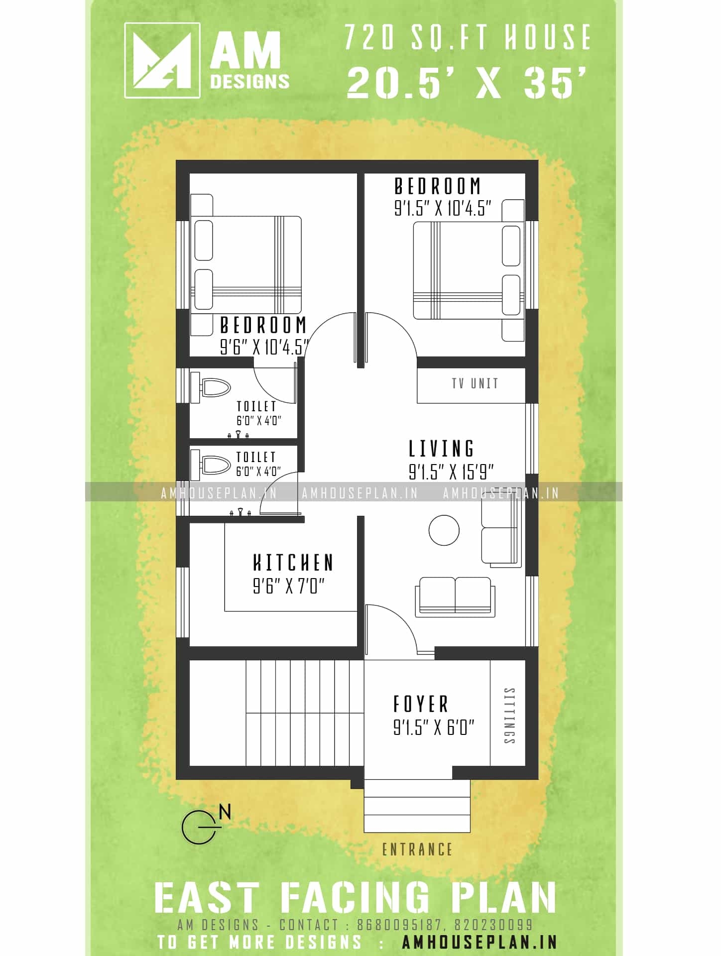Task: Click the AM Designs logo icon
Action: click(162, 60)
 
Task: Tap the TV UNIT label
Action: click(475, 383)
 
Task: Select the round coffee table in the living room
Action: click(444, 530)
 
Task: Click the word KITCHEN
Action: click(293, 563)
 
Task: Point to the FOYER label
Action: click(421, 704)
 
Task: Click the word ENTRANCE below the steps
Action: click(417, 849)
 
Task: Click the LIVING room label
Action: click(442, 448)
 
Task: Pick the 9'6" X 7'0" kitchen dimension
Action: click(289, 587)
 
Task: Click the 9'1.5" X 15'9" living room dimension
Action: click(451, 472)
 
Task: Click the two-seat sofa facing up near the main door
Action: click(455, 597)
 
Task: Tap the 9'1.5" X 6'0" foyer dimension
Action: click(433, 727)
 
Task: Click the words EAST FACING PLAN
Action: click(355, 898)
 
